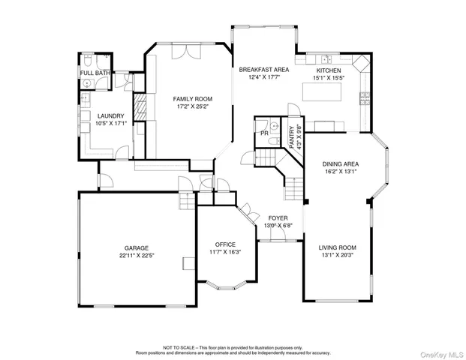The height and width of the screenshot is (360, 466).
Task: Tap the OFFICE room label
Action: [225, 244]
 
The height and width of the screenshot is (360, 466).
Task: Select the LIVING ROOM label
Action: [337, 247]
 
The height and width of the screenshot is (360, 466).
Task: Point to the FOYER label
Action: [278, 217]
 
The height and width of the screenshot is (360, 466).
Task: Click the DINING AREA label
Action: [340, 163]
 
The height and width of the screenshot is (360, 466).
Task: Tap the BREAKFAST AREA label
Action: [264, 70]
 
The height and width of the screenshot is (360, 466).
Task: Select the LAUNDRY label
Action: [110, 115]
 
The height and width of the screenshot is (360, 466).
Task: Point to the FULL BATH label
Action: [95, 73]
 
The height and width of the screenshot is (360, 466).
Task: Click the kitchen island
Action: [321, 91]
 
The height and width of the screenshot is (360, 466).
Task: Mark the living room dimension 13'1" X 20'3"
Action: [337, 255]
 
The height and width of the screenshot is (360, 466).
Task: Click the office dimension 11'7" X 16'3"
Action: [225, 252]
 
